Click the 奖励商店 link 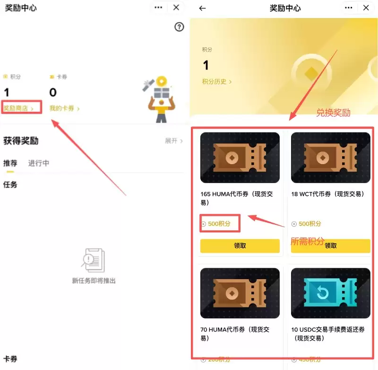(x=18, y=108)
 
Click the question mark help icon (x=179, y=27)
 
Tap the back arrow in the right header (x=203, y=8)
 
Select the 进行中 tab (x=38, y=163)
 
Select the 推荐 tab (x=10, y=163)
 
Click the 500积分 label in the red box (x=219, y=224)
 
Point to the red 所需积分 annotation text (x=307, y=241)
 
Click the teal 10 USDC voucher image (x=330, y=293)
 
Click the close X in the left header (x=176, y=8)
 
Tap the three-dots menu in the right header (x=349, y=8)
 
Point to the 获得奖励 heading (x=21, y=141)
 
